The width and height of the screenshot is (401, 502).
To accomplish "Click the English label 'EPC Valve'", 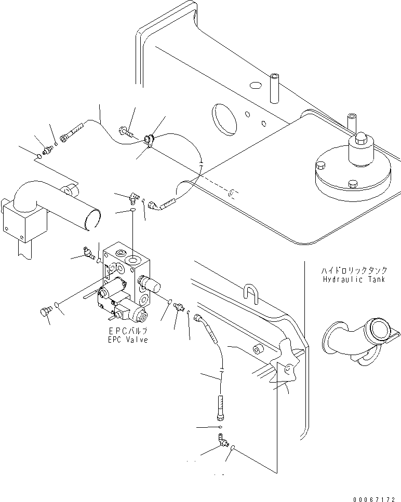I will [128, 340].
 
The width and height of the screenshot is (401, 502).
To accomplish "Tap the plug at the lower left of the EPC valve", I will [46, 311].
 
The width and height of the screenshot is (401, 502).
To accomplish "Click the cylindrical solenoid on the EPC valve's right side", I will [151, 283].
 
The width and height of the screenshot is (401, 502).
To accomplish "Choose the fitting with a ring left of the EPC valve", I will [84, 254].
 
